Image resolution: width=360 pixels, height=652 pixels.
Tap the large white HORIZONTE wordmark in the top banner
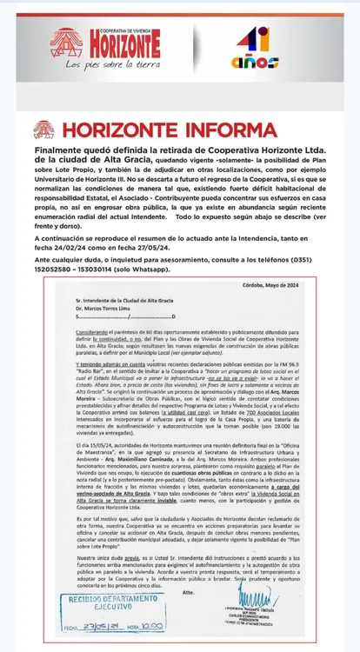pos(117,42)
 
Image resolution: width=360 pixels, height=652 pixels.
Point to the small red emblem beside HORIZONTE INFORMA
pos(43,130)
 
